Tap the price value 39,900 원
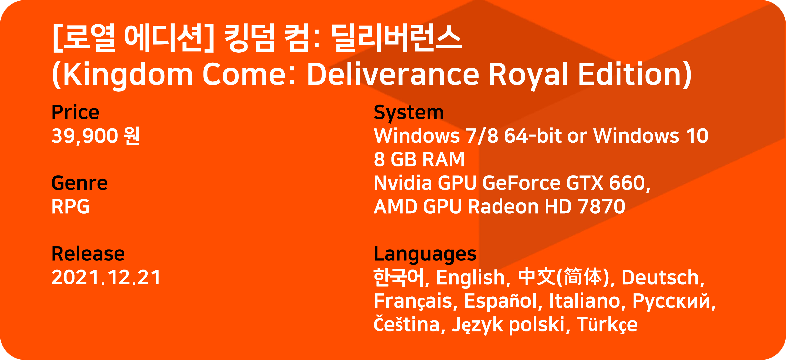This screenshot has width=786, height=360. pyautogui.click(x=96, y=136)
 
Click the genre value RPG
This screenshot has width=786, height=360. pyautogui.click(x=71, y=206)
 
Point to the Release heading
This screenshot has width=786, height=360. pyautogui.click(x=88, y=254)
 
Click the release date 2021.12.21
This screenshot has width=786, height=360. pyautogui.click(x=106, y=277)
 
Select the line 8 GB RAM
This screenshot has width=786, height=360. pyautogui.click(x=419, y=159)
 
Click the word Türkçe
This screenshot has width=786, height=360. pyautogui.click(x=607, y=325)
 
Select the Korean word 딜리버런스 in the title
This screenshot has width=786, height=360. pyautogui.click(x=396, y=38)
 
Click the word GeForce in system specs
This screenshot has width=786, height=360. pyautogui.click(x=521, y=183)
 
